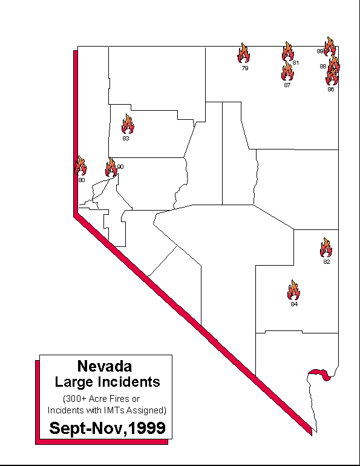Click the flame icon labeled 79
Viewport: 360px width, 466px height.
click(244, 54)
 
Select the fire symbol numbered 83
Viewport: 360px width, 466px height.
click(128, 124)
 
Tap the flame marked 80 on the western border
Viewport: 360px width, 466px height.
click(80, 165)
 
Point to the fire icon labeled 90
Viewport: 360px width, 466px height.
click(111, 167)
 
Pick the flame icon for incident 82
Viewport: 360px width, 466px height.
click(326, 248)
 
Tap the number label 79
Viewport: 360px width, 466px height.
click(244, 68)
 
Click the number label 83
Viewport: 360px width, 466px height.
click(126, 139)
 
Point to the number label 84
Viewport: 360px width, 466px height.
click(294, 304)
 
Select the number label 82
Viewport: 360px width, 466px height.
click(327, 262)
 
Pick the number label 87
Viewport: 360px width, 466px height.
click(287, 85)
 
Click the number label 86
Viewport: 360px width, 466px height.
click(330, 90)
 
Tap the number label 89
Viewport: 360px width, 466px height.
click(320, 51)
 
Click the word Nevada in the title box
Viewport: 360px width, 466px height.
click(105, 366)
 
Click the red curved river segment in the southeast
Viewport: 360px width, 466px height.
click(319, 373)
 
